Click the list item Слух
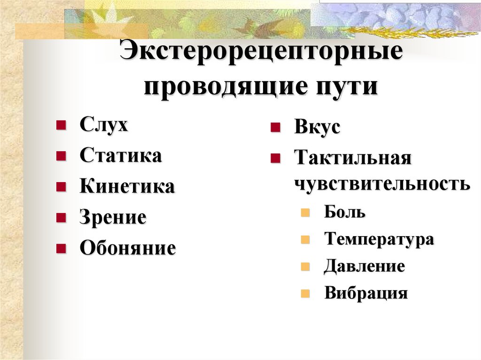pyautogui.click(x=103, y=126)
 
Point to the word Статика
pyautogui.click(x=121, y=156)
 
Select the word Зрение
pyautogui.click(x=113, y=217)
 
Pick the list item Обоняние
pyautogui.click(x=127, y=248)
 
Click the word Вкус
pyautogui.click(x=317, y=128)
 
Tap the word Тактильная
pyautogui.click(x=353, y=158)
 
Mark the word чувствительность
pyautogui.click(x=382, y=184)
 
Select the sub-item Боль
pyautogui.click(x=344, y=212)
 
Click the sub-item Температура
pyautogui.click(x=379, y=239)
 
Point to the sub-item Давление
pyautogui.click(x=364, y=267)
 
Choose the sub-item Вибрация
pyautogui.click(x=366, y=294)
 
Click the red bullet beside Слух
pyautogui.click(x=61, y=126)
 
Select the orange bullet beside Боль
pyautogui.click(x=306, y=213)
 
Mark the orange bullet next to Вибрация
pyautogui.click(x=306, y=295)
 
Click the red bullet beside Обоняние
pyautogui.click(x=61, y=248)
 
